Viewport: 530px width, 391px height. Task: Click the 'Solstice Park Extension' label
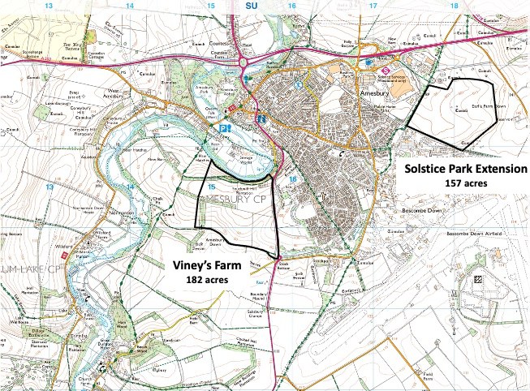[465, 169]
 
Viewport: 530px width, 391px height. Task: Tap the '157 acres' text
[465, 183]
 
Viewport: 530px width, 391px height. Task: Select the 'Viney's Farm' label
[206, 264]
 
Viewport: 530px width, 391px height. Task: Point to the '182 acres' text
[206, 279]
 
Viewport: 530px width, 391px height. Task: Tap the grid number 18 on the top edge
[453, 6]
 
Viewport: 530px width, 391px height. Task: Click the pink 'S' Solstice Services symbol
[384, 69]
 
